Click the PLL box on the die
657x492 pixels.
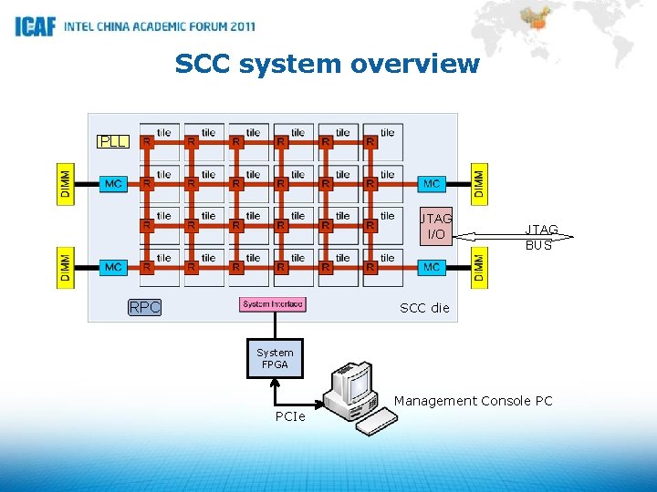(x=113, y=142)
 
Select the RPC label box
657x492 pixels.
(x=144, y=308)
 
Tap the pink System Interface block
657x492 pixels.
(x=273, y=304)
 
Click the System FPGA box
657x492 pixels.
(x=275, y=358)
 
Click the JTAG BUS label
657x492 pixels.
(x=540, y=238)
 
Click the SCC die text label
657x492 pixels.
(x=424, y=308)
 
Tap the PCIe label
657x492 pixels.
(x=290, y=417)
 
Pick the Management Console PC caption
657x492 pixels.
(x=473, y=401)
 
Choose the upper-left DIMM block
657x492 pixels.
(x=66, y=185)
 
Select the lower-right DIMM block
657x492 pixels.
(x=480, y=267)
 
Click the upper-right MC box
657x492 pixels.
(x=432, y=184)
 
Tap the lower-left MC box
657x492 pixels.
(x=113, y=267)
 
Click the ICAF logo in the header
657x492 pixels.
(x=36, y=26)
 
